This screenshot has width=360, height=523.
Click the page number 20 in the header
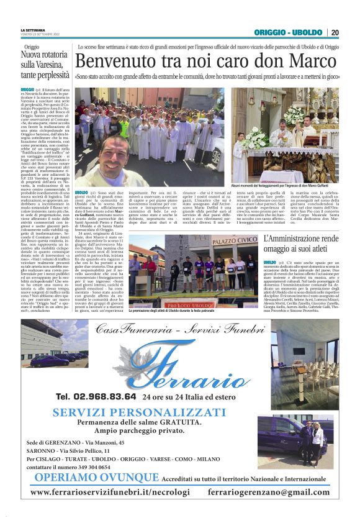coord(335,32)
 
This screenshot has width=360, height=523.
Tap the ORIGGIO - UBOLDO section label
coord(288,32)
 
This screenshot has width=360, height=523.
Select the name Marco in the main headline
coord(308,61)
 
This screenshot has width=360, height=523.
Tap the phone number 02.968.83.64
coord(96,396)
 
